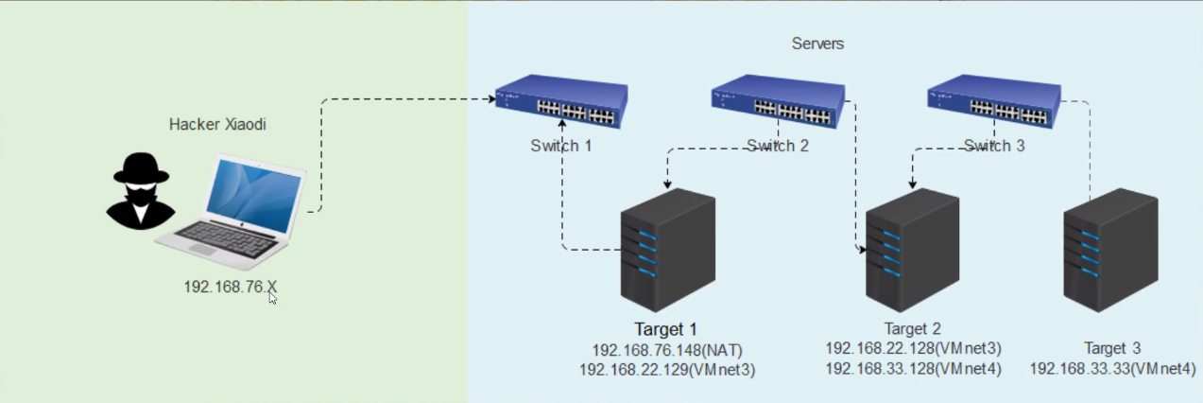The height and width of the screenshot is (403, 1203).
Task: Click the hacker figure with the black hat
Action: click(x=141, y=190)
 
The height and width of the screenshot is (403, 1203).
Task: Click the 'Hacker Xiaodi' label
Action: click(x=217, y=124)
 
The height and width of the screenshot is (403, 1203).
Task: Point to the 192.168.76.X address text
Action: click(x=231, y=286)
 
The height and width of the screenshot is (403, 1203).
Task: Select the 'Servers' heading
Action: click(x=817, y=44)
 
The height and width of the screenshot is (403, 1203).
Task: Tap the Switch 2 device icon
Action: click(x=778, y=101)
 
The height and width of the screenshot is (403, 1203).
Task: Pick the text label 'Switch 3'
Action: click(x=994, y=146)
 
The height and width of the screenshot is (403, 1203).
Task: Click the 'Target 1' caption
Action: click(x=665, y=329)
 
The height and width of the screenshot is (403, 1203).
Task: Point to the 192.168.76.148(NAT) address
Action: click(x=668, y=350)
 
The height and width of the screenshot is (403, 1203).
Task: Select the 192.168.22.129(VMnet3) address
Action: click(x=668, y=371)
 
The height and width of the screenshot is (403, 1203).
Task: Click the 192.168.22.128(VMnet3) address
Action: click(x=913, y=348)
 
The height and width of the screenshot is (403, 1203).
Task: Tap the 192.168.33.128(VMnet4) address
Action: click(x=913, y=369)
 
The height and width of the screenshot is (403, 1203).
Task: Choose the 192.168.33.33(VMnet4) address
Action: click(x=1112, y=369)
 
